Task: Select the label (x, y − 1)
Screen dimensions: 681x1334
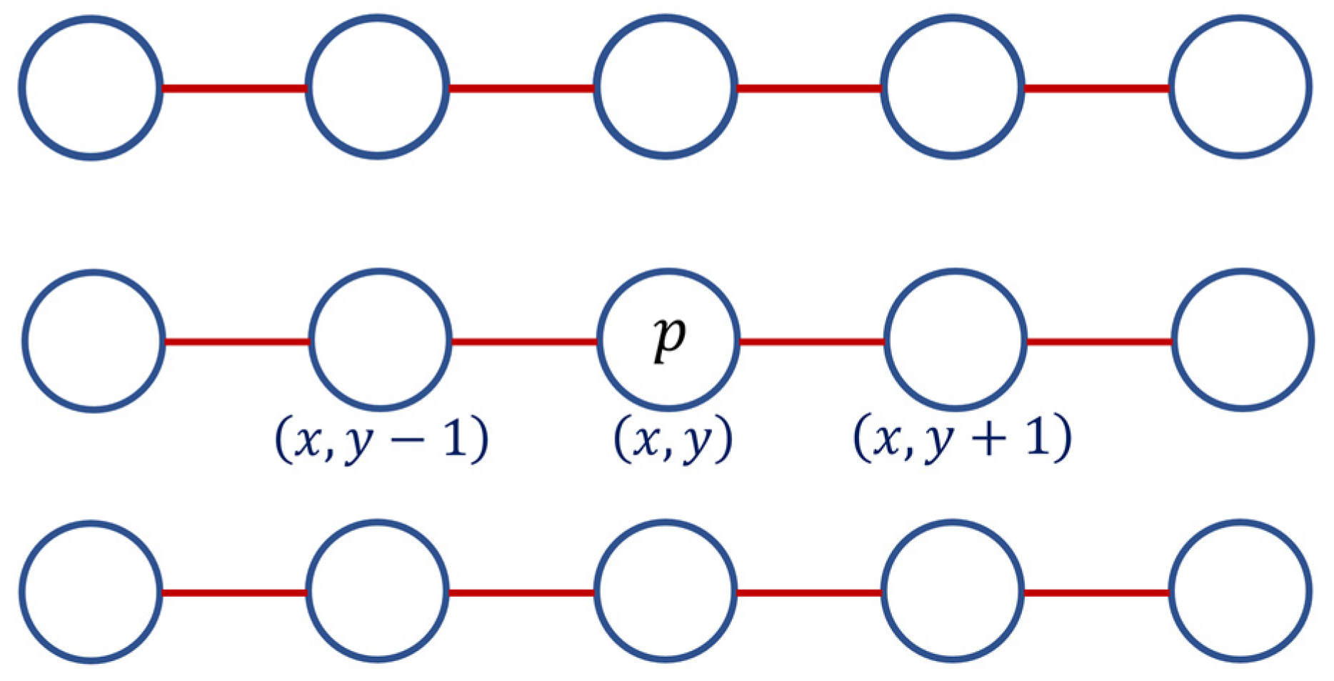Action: click(382, 439)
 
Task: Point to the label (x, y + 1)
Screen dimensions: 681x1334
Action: click(962, 439)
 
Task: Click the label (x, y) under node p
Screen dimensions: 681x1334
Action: click(673, 439)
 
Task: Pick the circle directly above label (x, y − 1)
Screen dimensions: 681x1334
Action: click(381, 340)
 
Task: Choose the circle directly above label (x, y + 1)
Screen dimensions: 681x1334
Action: click(956, 340)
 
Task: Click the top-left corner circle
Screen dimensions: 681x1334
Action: click(91, 87)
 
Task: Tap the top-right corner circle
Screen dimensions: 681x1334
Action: click(1240, 87)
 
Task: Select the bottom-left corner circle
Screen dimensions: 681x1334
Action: click(91, 592)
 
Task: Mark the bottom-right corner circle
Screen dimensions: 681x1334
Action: click(1240, 592)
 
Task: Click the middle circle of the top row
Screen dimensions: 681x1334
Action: click(666, 87)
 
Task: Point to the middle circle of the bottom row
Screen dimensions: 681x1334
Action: click(666, 592)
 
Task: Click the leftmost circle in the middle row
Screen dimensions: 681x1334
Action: click(94, 340)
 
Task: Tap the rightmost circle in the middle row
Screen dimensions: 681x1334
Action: click(1243, 340)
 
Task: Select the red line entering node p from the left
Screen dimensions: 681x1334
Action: click(525, 342)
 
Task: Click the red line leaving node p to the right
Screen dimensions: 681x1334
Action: click(812, 342)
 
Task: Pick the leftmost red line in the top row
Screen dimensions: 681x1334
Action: click(234, 89)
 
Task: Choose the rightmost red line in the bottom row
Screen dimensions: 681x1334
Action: click(1097, 592)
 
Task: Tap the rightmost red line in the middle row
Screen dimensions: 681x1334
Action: click(1100, 342)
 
